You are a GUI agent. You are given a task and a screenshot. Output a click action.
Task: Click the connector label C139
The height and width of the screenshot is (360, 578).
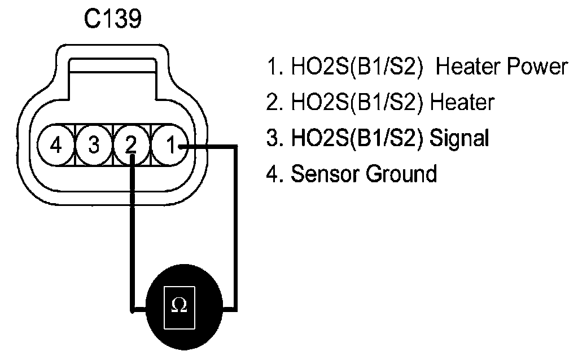113,19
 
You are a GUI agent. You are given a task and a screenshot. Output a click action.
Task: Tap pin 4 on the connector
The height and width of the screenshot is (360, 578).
56,145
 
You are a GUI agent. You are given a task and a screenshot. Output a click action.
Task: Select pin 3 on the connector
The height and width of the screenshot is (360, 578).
94,145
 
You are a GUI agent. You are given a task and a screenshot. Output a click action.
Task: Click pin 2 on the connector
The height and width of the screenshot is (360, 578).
132,145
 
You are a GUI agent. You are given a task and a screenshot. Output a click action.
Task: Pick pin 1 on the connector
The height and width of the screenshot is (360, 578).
170,145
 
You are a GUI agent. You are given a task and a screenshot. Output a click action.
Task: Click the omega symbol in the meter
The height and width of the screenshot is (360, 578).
179,305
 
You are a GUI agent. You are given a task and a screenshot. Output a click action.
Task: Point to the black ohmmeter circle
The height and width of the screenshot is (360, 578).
185,307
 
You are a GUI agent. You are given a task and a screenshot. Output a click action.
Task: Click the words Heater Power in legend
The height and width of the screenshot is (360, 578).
502,67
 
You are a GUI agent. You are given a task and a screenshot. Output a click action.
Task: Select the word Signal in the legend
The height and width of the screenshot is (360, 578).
459,138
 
